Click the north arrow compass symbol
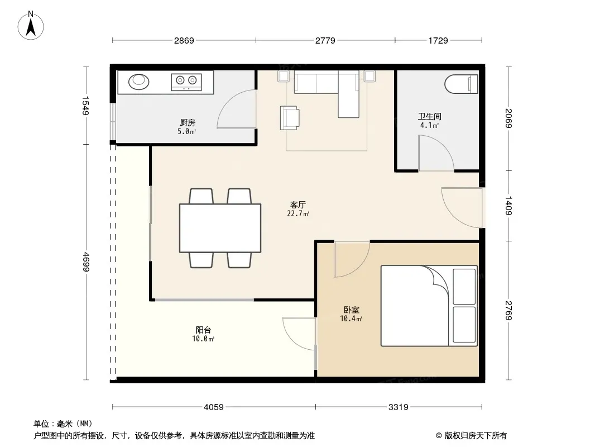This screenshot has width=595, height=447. click(x=31, y=26)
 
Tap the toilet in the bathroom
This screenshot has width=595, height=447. click(x=462, y=84)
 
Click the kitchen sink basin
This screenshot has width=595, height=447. click(x=138, y=81)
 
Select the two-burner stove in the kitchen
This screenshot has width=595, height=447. click(x=186, y=82)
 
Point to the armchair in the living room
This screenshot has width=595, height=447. click(x=290, y=118)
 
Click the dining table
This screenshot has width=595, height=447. click(x=220, y=228)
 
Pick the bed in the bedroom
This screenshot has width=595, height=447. click(x=429, y=306)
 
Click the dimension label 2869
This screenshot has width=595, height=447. click(x=184, y=40)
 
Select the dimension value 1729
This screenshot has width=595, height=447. click(x=438, y=40)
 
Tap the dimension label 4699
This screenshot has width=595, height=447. click(x=86, y=262)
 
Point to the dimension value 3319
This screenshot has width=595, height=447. click(x=399, y=407)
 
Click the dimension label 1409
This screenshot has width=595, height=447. click(x=508, y=206)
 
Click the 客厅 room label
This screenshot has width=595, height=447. click(x=298, y=205)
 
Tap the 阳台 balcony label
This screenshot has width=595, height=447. click(x=203, y=330)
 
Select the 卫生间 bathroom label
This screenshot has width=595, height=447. click(x=430, y=116)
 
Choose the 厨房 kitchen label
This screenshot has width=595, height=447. click(x=188, y=123)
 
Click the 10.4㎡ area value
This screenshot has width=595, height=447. click(x=351, y=318)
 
